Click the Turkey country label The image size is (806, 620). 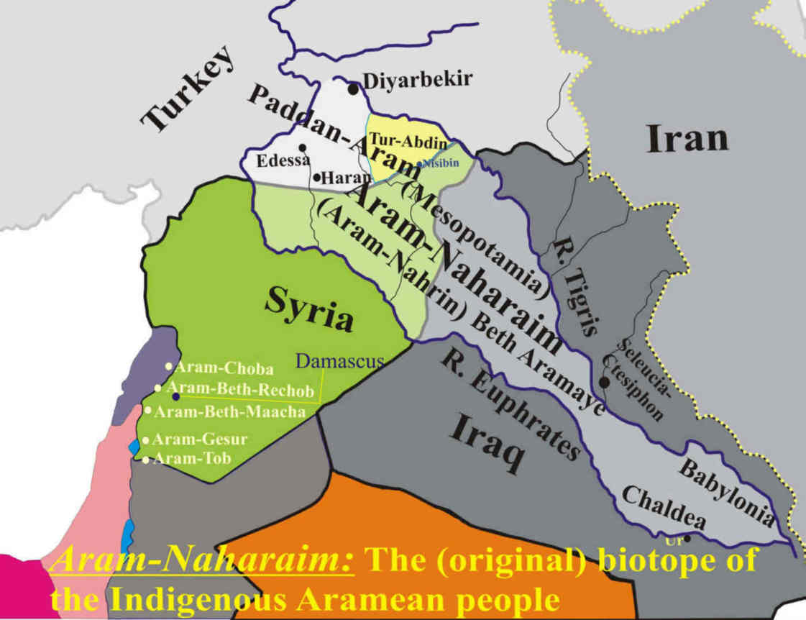[188, 89]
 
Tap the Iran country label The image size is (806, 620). [687, 137]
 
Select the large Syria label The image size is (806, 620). [310, 310]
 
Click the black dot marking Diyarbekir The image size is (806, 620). [354, 89]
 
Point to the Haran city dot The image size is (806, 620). [316, 176]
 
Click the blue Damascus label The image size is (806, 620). [341, 361]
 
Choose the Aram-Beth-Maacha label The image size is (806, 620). [229, 411]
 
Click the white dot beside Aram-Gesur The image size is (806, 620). [146, 440]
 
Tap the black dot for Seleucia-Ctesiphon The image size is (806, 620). [605, 382]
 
